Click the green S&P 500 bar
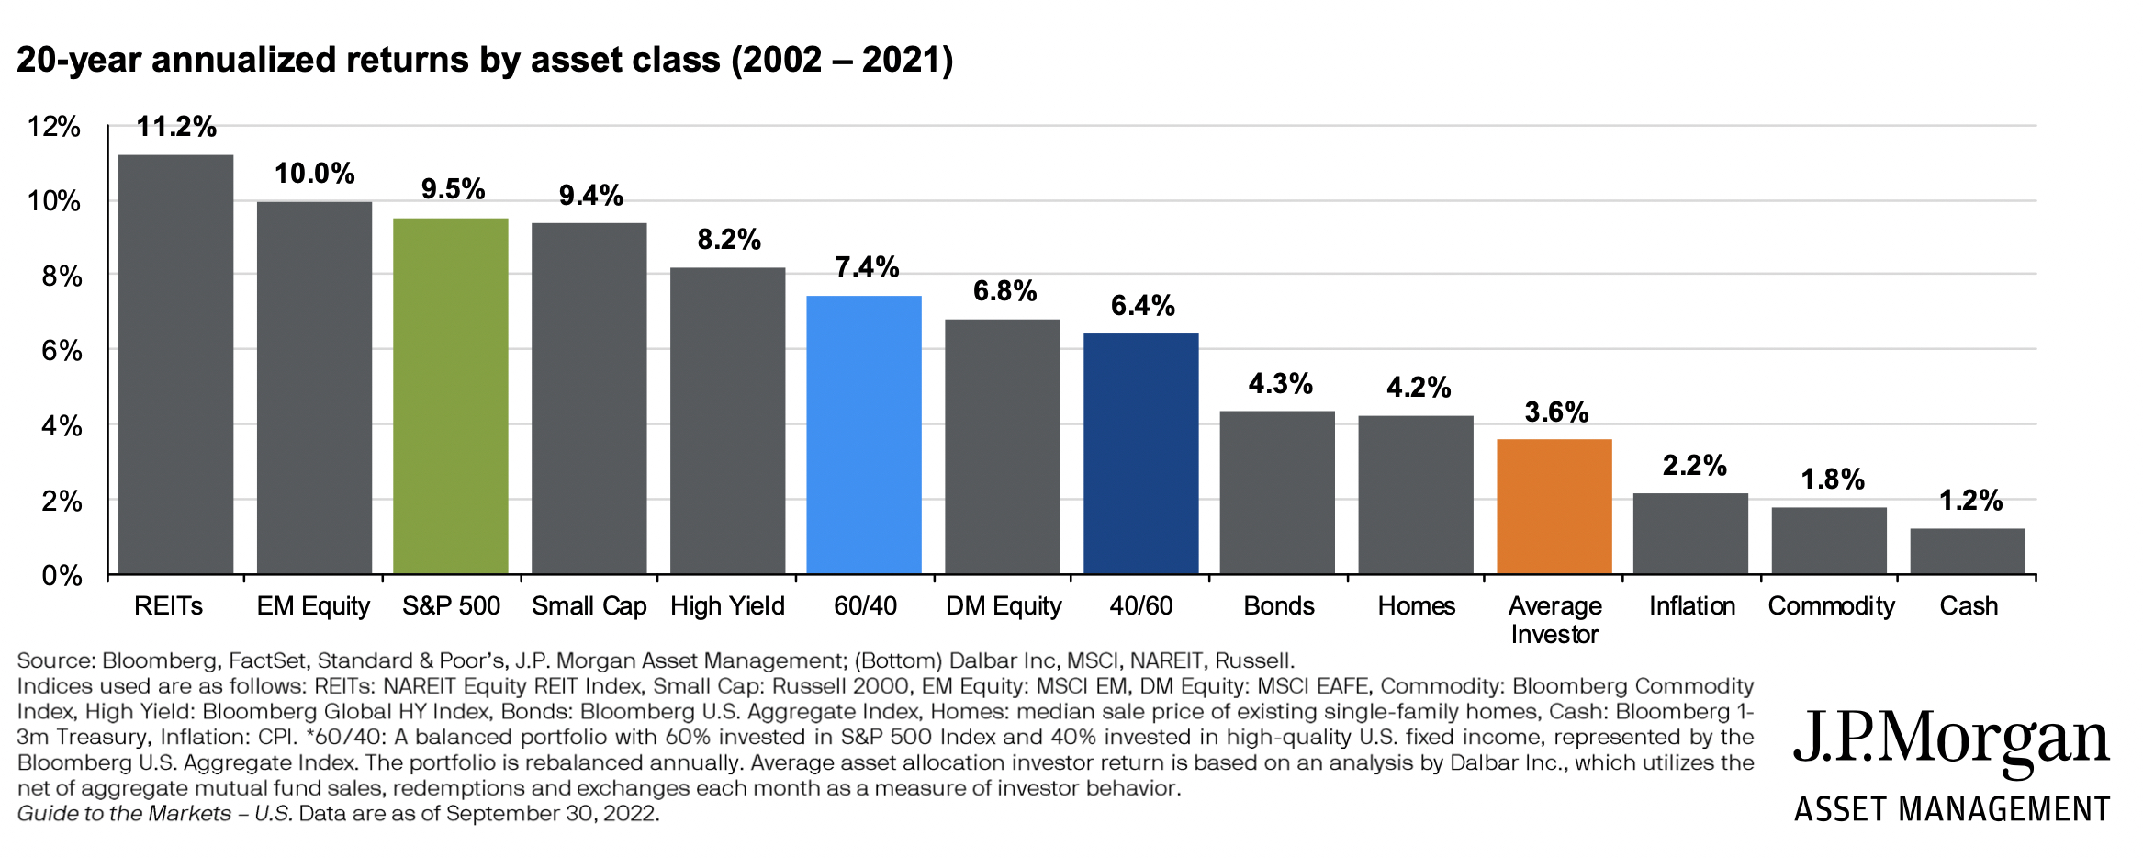pyautogui.click(x=450, y=396)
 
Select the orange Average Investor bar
pyautogui.click(x=1554, y=507)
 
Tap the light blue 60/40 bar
pyautogui.click(x=863, y=435)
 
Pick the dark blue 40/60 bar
pyautogui.click(x=1140, y=454)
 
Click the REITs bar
pyautogui.click(x=175, y=365)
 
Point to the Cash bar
pyautogui.click(x=1967, y=551)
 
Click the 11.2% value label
pyautogui.click(x=176, y=127)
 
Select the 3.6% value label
pyautogui.click(x=1555, y=412)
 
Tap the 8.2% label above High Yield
pyautogui.click(x=728, y=240)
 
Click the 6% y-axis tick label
pyautogui.click(x=61, y=351)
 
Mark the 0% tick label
pyautogui.click(x=61, y=576)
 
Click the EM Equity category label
pyautogui.click(x=312, y=606)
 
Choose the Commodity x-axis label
pyautogui.click(x=1830, y=606)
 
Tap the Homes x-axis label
pyautogui.click(x=1416, y=606)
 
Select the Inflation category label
pyautogui.click(x=1691, y=606)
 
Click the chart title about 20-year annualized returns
pyautogui.click(x=485, y=60)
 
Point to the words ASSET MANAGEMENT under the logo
pyautogui.click(x=1951, y=809)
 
